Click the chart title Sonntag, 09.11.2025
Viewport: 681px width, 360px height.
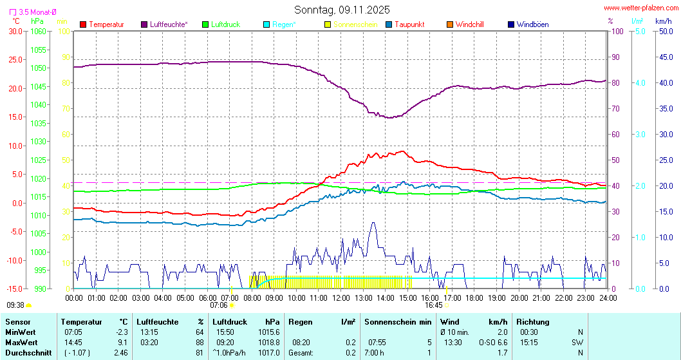[342, 10]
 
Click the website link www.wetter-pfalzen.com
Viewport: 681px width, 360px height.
[640, 8]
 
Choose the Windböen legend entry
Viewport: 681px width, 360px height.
[532, 24]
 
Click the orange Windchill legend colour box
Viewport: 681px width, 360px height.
[449, 24]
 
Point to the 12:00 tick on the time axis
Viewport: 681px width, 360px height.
[340, 298]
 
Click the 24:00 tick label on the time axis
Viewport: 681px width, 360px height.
[607, 298]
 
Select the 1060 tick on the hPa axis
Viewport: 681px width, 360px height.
[39, 31]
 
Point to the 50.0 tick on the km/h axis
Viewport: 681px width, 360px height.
[664, 31]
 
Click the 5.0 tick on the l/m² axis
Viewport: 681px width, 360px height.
[640, 31]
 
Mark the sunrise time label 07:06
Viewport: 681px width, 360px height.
[219, 305]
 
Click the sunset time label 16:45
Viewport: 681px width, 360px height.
[433, 305]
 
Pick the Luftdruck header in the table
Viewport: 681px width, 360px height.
[229, 321]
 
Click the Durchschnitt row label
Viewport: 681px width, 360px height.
[27, 352]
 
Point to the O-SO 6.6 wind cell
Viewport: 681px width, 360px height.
[493, 342]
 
